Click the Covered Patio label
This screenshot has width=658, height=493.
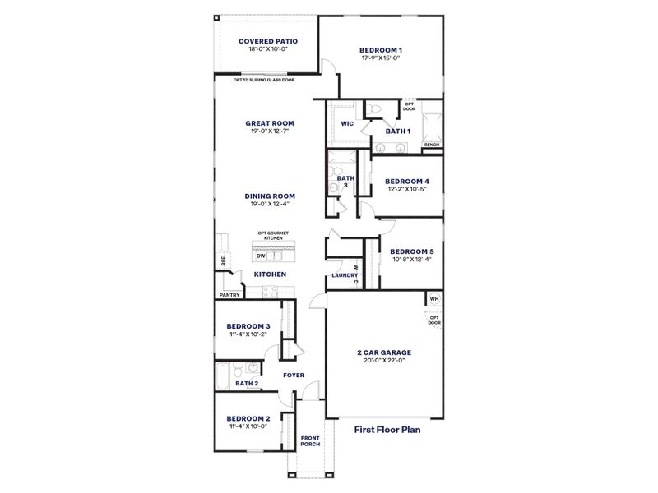coord(267,41)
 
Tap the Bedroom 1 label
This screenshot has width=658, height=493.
coord(381,50)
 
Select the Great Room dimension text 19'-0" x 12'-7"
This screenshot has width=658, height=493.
coord(270,131)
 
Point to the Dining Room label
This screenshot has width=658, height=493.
coord(270,196)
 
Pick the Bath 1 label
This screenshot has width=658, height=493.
coord(398,131)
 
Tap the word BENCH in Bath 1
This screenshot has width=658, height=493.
coord(432,145)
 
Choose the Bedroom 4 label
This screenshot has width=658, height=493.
coord(407,182)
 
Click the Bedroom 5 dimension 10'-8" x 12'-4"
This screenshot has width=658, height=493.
coord(411,260)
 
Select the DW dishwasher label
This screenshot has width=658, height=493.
coord(261,256)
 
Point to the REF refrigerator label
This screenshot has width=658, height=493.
coord(222,261)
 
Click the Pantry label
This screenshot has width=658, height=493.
coord(229,295)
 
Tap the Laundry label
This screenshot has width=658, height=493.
coord(344,275)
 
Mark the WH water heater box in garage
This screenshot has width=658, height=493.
coord(434,298)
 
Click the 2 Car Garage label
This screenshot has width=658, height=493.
coord(384,352)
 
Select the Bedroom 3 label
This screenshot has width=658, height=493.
coord(248,326)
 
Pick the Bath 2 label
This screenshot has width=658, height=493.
coord(247,383)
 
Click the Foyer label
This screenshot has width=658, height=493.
coord(294,376)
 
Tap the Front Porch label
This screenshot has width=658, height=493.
coord(310,440)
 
